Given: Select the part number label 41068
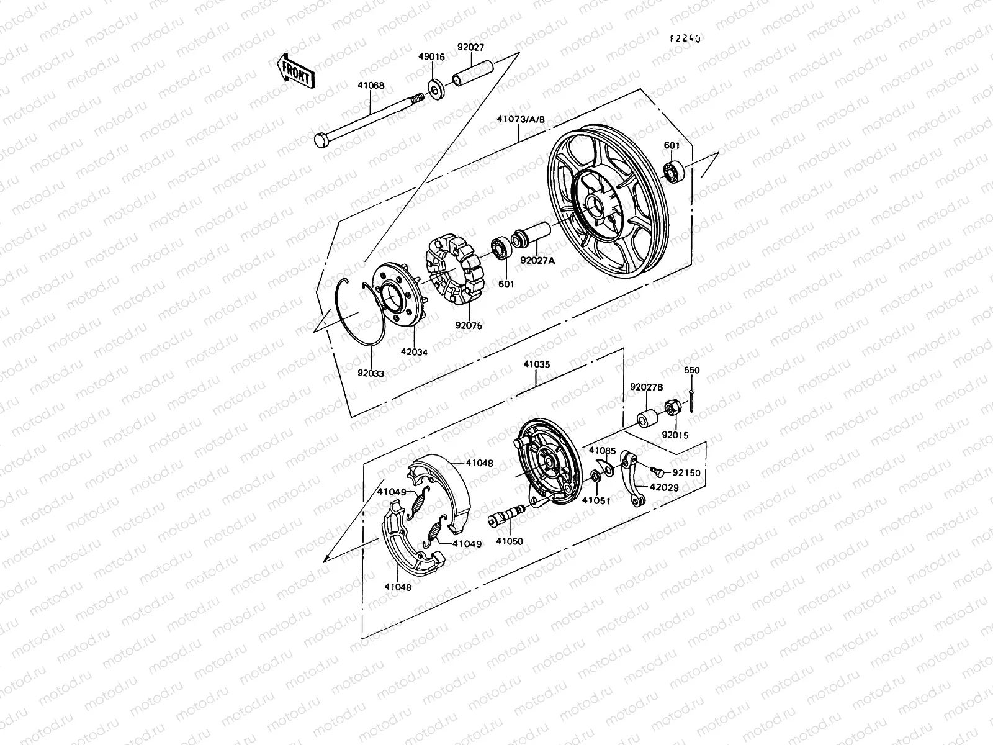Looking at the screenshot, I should (371, 87).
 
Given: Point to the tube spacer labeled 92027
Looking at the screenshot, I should (473, 73).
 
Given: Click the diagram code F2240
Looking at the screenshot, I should (685, 38).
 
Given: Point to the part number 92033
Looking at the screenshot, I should (371, 374).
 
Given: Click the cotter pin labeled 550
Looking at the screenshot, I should (691, 401).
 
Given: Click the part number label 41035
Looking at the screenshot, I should (536, 365).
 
